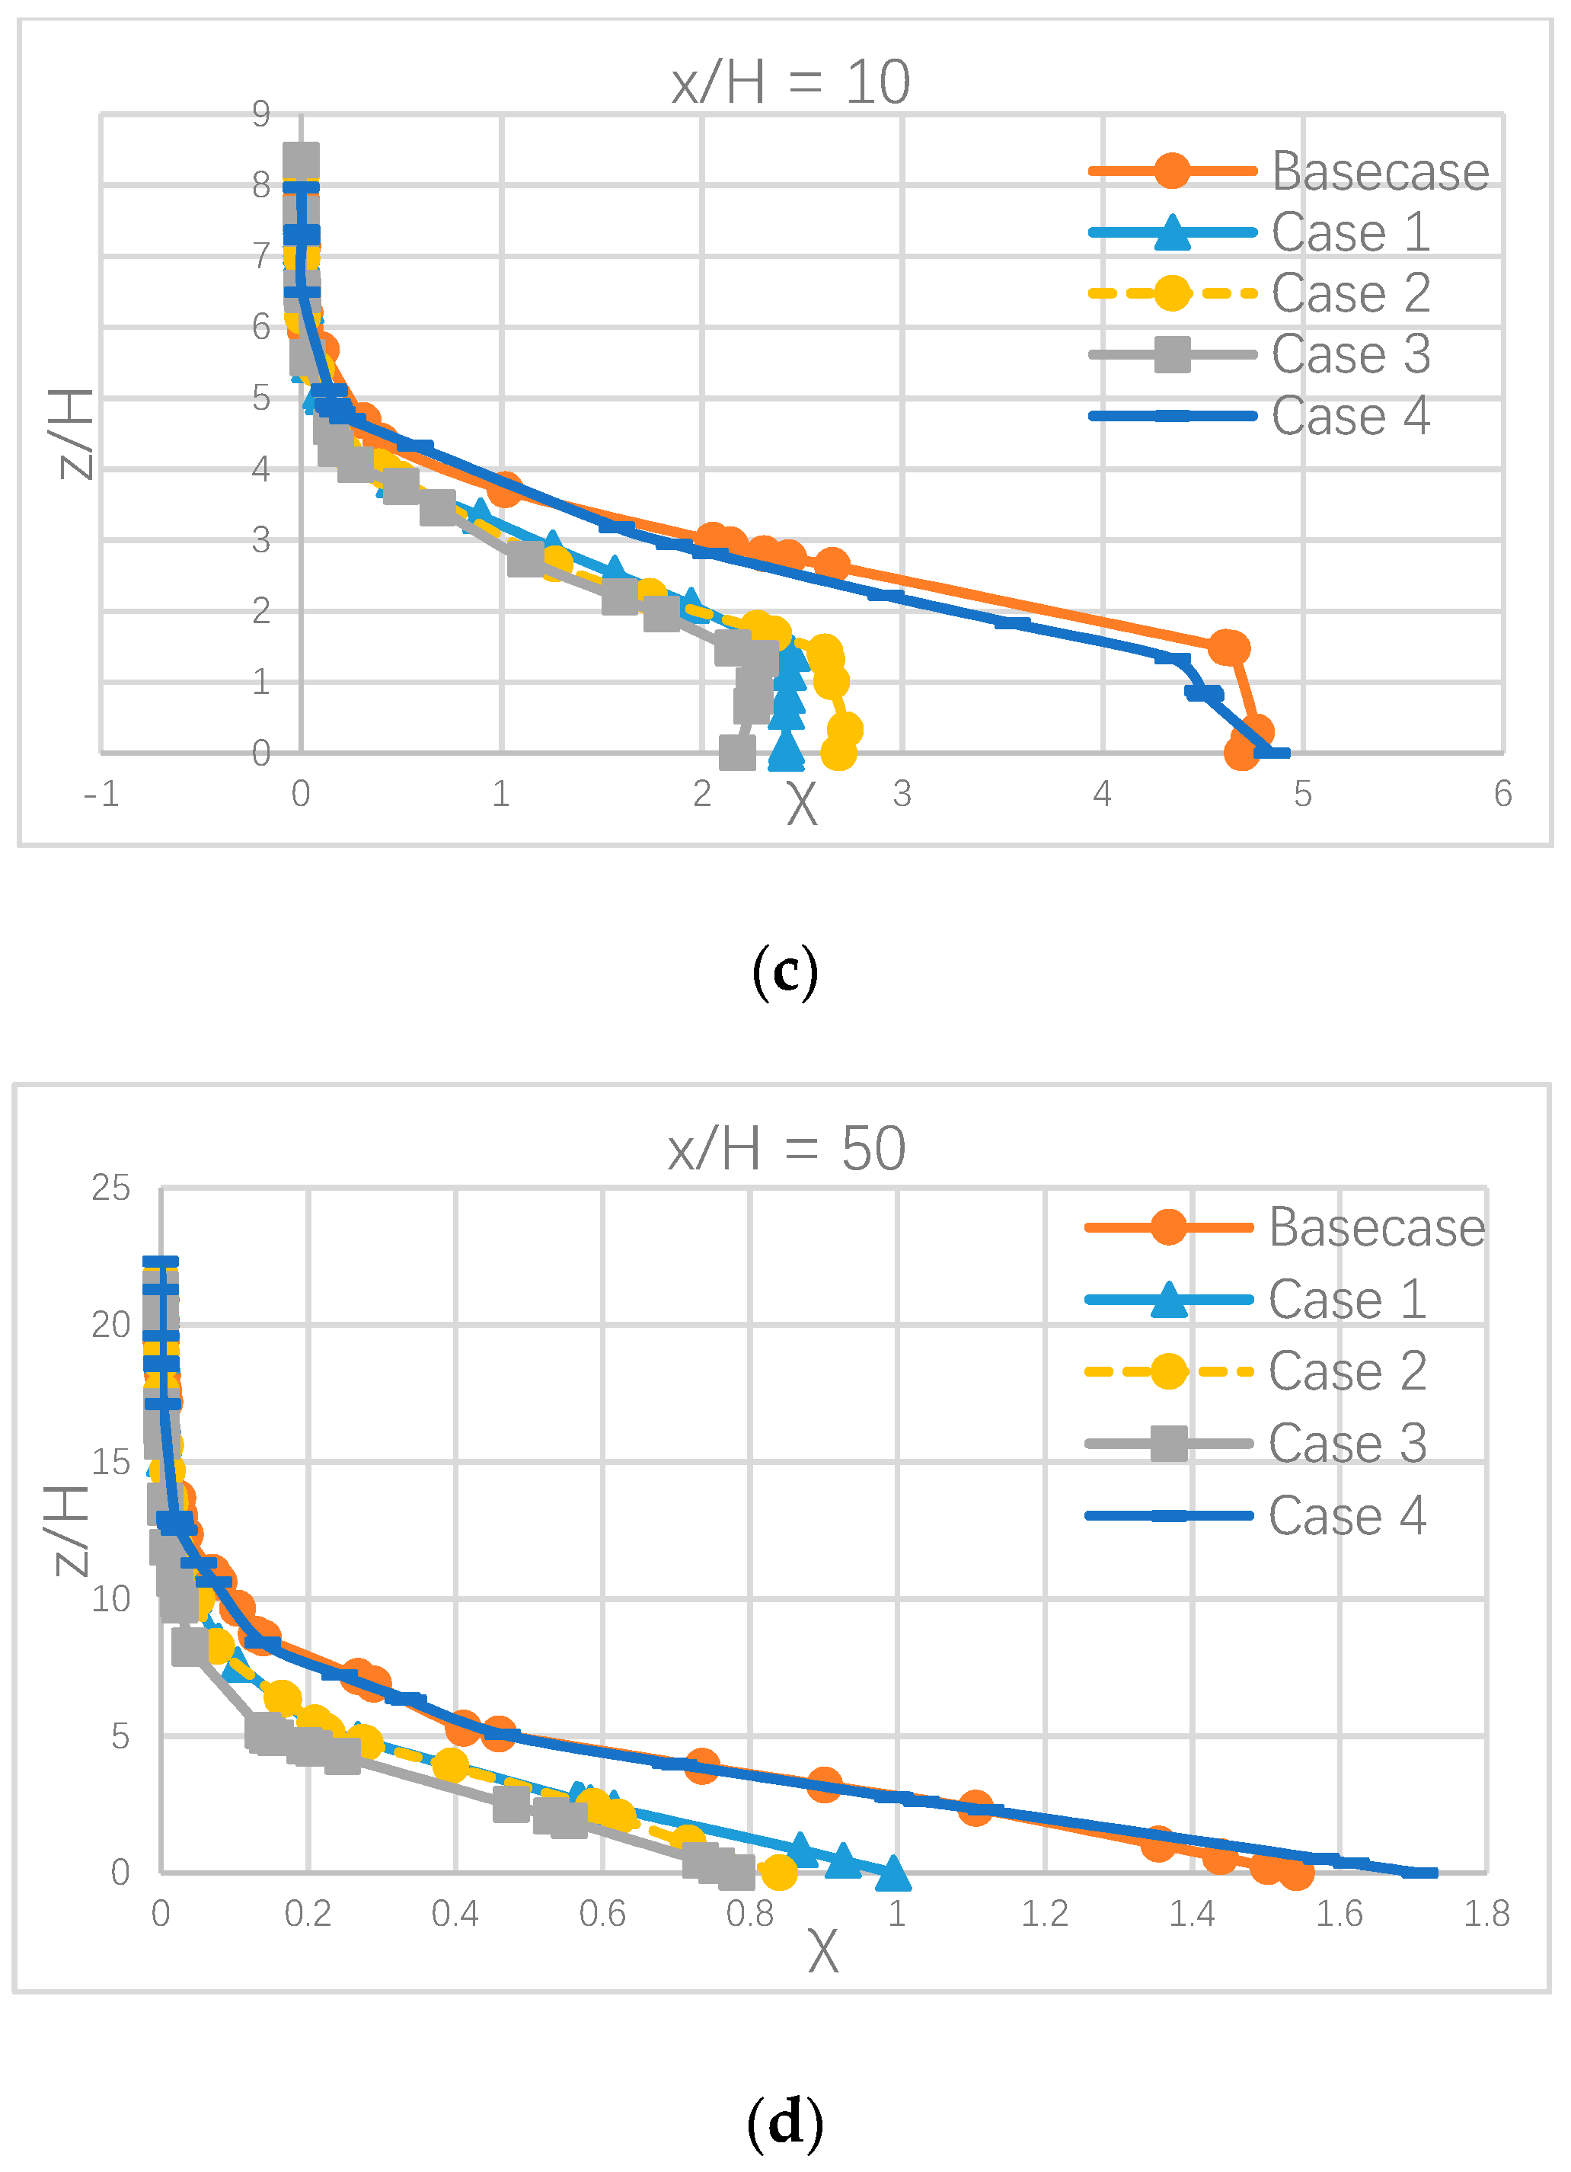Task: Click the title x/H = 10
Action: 790,82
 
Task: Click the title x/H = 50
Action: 787,1148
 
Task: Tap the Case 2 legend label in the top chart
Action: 1351,293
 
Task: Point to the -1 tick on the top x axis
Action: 101,794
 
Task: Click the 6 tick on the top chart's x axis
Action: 1503,794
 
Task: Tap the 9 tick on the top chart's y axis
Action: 261,114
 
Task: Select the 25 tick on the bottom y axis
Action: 111,1188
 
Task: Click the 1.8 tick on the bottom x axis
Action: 1486,1914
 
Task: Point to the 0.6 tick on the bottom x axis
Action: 602,1914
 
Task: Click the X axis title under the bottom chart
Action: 822,1952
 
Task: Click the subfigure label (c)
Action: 785,972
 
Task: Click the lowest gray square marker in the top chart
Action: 737,752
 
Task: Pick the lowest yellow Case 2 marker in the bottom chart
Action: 778,1871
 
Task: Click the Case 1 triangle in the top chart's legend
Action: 1172,232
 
